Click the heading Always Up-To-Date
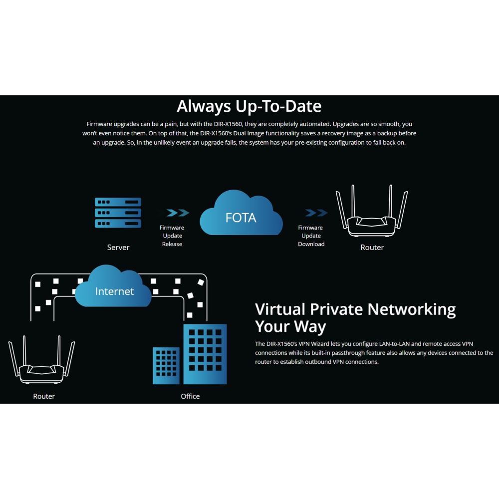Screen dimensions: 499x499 point(249,106)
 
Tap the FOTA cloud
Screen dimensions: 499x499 point(241,216)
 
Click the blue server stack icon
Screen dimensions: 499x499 point(118,213)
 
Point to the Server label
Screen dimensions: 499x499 point(118,248)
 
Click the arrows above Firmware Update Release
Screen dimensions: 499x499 point(177,213)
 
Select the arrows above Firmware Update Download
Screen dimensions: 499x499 point(316,213)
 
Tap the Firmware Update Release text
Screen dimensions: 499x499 point(172,236)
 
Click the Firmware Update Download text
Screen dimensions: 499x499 point(311,236)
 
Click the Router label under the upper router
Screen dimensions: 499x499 point(372,248)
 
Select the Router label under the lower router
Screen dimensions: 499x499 point(44,397)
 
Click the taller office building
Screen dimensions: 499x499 point(205,354)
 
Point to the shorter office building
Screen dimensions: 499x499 point(166,365)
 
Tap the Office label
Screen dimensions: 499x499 point(190,397)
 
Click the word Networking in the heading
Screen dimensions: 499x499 point(412,309)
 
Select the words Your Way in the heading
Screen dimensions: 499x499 point(290,327)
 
